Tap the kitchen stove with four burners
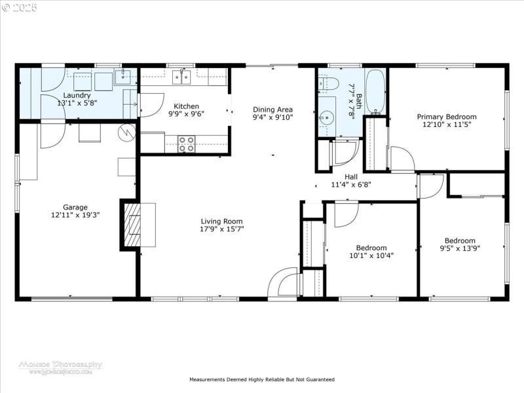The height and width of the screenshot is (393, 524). [x=187, y=144]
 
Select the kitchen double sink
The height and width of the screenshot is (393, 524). [x=181, y=77]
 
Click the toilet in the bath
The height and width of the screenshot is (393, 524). [x=329, y=84]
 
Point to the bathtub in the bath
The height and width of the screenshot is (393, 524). [x=375, y=92]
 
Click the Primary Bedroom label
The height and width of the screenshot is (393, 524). [x=447, y=117]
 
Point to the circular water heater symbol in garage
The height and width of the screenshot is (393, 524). [x=126, y=134]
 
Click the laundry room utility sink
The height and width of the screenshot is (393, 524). [x=123, y=77]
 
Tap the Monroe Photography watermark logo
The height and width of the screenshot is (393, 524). [x=60, y=367]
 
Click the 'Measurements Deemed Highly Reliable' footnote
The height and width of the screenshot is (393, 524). [x=262, y=379]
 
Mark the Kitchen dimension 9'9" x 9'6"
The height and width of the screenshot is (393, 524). [x=186, y=114]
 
